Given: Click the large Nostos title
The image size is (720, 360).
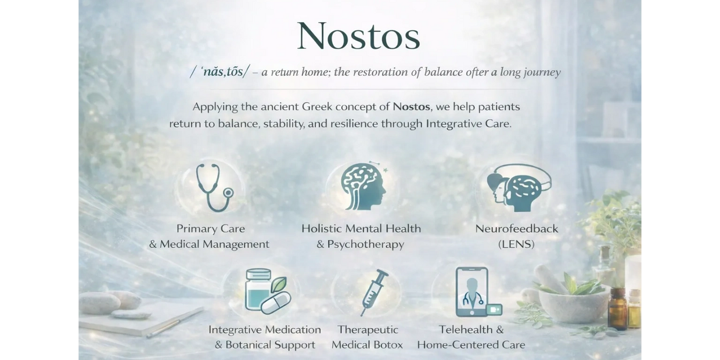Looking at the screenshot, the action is tap(358, 36).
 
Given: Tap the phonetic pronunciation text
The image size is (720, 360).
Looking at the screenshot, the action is tap(219, 71).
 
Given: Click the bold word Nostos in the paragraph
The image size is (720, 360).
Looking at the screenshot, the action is tap(412, 107).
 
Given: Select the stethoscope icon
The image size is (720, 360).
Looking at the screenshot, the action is tap(214, 188).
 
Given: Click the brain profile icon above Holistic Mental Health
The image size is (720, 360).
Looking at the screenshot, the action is tap(363, 186).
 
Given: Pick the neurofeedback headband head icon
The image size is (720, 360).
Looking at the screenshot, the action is tap(519, 188).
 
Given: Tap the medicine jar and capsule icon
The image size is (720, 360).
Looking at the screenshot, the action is tap(268, 291).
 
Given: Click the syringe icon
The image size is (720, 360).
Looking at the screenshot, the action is tap(374, 293).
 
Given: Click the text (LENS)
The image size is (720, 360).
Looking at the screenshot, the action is tap(516, 244).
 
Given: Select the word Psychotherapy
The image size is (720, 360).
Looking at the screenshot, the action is tap(365, 244).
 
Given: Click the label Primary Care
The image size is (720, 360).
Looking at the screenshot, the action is tap(211, 229).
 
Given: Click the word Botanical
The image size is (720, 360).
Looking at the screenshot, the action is tap(249, 345).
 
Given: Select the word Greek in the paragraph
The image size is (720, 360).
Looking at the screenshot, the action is tap(317, 107).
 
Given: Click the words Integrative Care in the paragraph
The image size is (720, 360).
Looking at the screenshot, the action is tap(469, 124).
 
